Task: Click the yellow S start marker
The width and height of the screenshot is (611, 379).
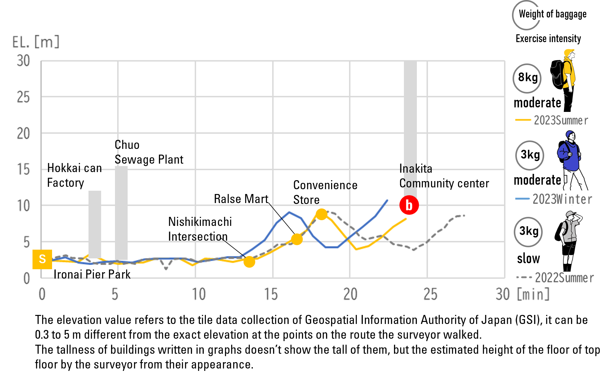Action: point(42,259)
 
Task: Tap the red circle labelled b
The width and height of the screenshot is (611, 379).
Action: point(409,205)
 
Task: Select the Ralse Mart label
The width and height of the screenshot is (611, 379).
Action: point(241,199)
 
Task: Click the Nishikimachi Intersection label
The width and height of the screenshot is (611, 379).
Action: point(200,229)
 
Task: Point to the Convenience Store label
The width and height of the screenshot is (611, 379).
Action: point(325,192)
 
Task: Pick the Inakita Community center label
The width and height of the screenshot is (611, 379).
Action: point(444,176)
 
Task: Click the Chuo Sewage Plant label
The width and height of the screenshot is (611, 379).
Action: point(149,152)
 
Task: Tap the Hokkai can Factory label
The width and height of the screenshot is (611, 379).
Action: point(74,175)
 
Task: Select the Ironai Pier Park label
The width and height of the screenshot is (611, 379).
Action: point(92,274)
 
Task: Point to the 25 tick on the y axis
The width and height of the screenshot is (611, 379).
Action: point(23,97)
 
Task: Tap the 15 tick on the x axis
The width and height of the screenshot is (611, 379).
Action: point(271,294)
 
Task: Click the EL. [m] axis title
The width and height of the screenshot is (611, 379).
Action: point(36,42)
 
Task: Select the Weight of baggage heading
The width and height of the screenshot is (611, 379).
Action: point(553,14)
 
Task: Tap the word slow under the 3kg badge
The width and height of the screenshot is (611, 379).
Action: point(529,258)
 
